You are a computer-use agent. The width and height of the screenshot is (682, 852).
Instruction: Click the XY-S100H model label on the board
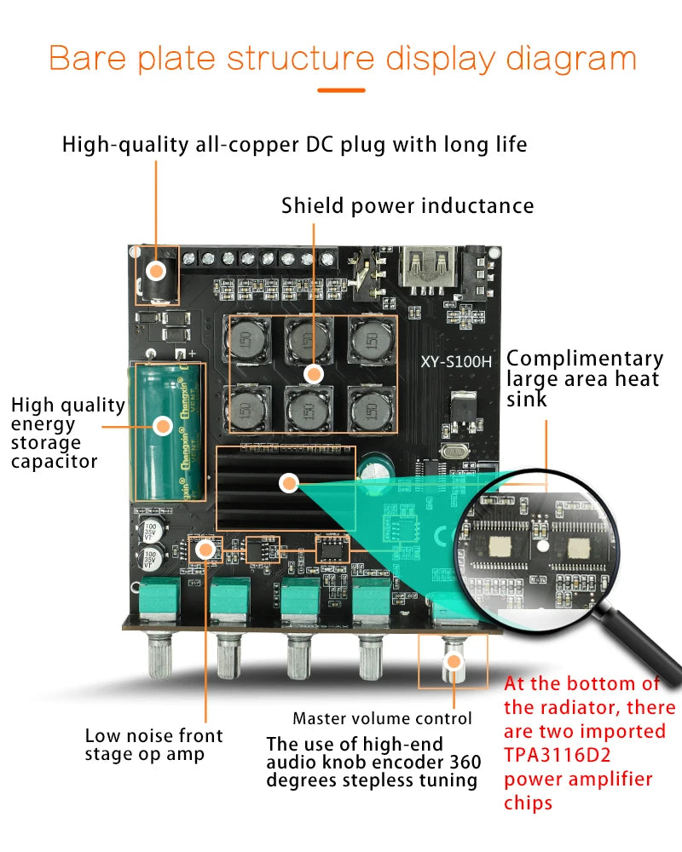click(x=456, y=360)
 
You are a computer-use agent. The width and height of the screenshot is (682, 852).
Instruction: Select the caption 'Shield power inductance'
click(x=407, y=205)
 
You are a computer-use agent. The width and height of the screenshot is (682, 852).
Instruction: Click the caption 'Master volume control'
click(x=382, y=718)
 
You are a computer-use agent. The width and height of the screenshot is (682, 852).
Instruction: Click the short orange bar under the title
click(x=341, y=89)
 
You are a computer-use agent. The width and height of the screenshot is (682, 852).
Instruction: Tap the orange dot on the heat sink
click(x=289, y=484)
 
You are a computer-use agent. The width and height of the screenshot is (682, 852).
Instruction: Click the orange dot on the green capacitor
click(x=159, y=425)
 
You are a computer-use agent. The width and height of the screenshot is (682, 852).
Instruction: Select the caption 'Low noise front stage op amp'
click(x=153, y=745)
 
